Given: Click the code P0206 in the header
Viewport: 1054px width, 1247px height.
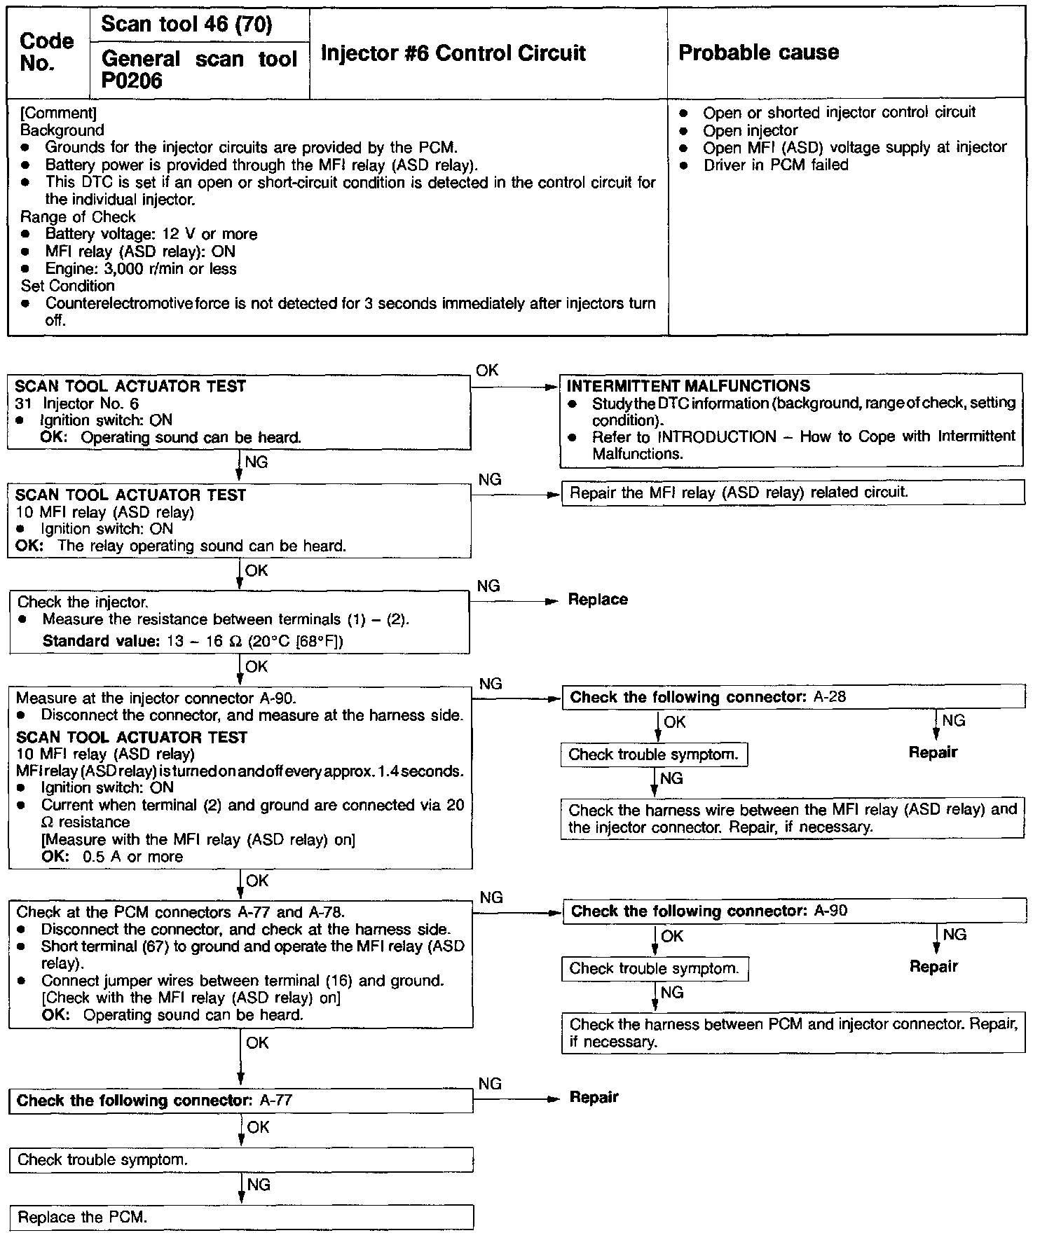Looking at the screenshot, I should click(x=132, y=81).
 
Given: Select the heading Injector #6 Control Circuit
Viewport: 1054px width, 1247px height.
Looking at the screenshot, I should click(x=453, y=53).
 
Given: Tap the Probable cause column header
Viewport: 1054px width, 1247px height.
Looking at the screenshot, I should click(x=758, y=53).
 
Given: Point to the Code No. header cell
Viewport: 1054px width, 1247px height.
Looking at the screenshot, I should click(x=47, y=53).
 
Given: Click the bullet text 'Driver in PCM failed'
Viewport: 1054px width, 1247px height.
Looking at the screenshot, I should click(x=776, y=165).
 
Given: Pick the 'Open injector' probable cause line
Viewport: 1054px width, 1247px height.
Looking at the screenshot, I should click(x=750, y=130).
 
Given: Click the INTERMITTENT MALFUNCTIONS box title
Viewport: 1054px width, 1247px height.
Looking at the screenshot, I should click(x=688, y=386).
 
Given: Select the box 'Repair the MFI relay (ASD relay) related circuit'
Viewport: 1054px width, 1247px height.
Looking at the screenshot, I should click(x=793, y=492).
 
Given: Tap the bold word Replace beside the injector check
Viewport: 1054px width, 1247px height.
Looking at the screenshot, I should click(x=598, y=600).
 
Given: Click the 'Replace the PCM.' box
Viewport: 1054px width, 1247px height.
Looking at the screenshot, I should click(x=241, y=1218).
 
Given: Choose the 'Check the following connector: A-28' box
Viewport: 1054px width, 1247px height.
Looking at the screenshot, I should click(x=793, y=698).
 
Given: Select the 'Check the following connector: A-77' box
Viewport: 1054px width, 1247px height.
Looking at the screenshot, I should click(x=241, y=1101).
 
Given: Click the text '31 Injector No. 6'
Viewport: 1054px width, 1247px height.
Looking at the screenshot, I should click(x=77, y=404).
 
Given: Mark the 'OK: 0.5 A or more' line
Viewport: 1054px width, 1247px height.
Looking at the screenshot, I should click(x=112, y=857).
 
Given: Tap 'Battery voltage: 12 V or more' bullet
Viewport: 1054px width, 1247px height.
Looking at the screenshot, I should click(x=151, y=235).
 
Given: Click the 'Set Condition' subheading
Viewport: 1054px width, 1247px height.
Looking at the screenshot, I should click(x=67, y=286).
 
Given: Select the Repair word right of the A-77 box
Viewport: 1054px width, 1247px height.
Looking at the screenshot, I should click(x=594, y=1097).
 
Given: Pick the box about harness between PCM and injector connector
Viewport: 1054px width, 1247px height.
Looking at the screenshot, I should click(x=793, y=1033).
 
